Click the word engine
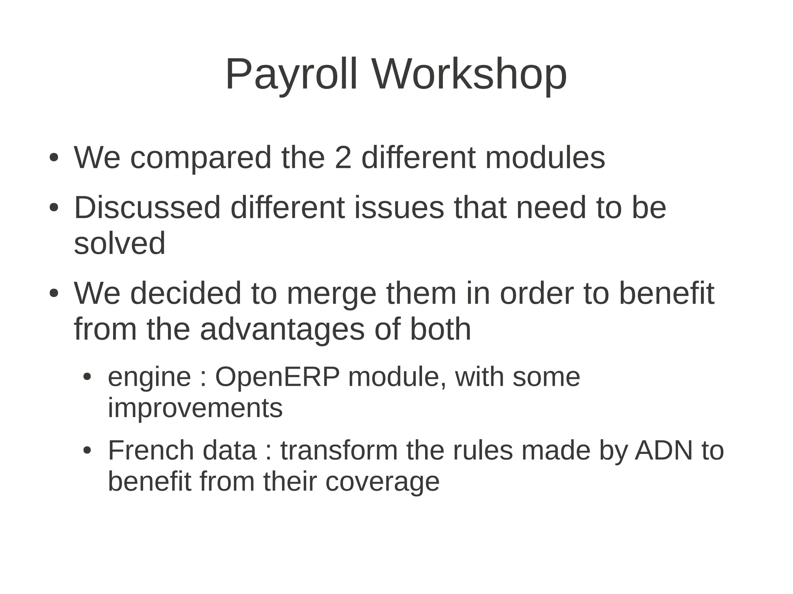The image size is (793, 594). coord(149,377)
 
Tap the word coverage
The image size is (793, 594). coord(382,482)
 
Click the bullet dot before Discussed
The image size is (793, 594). coord(54,208)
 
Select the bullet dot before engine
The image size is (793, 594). coord(88,377)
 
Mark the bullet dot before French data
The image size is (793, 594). coord(88,451)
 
